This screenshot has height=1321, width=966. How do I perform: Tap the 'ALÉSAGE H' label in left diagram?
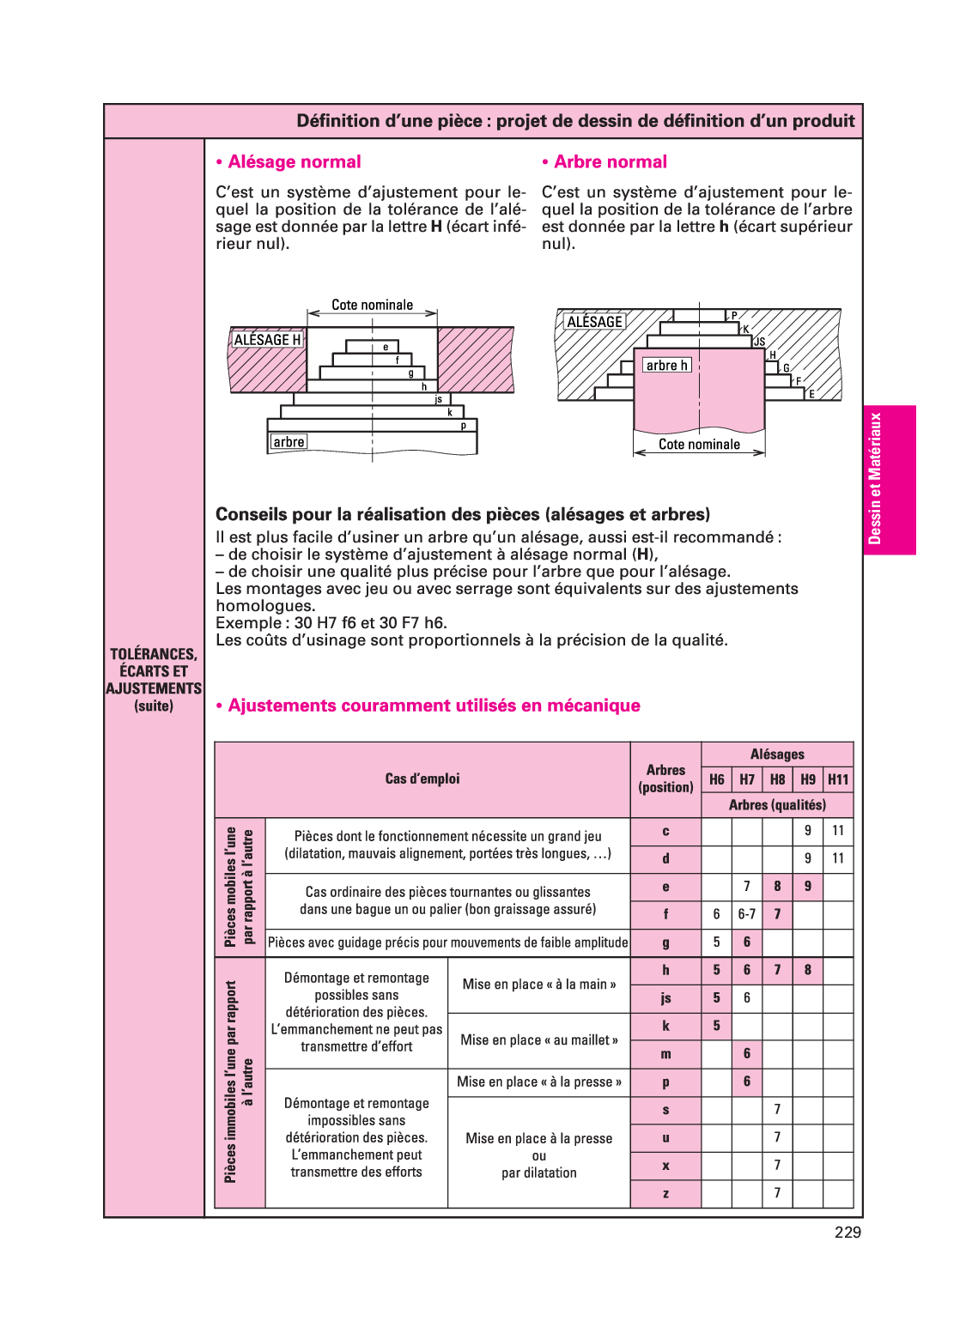pos(267,340)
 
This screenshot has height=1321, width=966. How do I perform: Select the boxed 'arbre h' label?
pos(667,366)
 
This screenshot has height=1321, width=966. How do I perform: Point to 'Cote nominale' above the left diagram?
pos(372,305)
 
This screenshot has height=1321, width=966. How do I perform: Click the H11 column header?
pos(838,779)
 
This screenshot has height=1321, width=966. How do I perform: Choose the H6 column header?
pos(717,779)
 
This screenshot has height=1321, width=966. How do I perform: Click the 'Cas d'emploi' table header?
pos(422,779)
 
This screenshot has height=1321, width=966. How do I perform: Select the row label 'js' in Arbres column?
pos(665,998)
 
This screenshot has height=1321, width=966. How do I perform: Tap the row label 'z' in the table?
pos(665,1194)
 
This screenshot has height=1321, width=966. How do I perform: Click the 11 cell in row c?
pos(838,831)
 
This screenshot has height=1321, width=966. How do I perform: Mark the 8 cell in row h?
pos(808,970)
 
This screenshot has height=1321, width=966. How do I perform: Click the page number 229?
pos(848,1233)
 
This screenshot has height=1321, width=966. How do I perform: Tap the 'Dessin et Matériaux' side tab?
pos(875,479)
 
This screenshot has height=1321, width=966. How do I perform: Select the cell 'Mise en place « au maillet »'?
pos(539,1040)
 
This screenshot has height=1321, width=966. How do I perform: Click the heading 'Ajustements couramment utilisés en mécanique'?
pos(434,706)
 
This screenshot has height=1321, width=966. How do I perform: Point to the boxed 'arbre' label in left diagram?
pos(289,442)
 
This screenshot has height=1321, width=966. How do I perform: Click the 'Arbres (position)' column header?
pos(665,779)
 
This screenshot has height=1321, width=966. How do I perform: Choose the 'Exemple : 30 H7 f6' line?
pos(331,623)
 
